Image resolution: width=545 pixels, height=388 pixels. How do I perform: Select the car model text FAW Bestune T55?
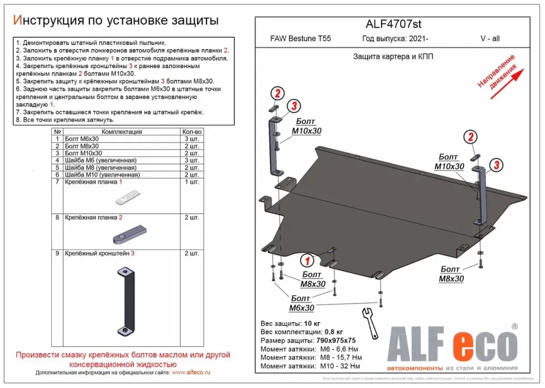click(300, 39)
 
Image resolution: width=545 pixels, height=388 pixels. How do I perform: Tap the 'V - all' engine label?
click(491, 39)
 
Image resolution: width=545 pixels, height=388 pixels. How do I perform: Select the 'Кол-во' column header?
click(192, 132)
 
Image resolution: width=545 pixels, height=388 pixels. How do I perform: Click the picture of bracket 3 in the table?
click(125, 301)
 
